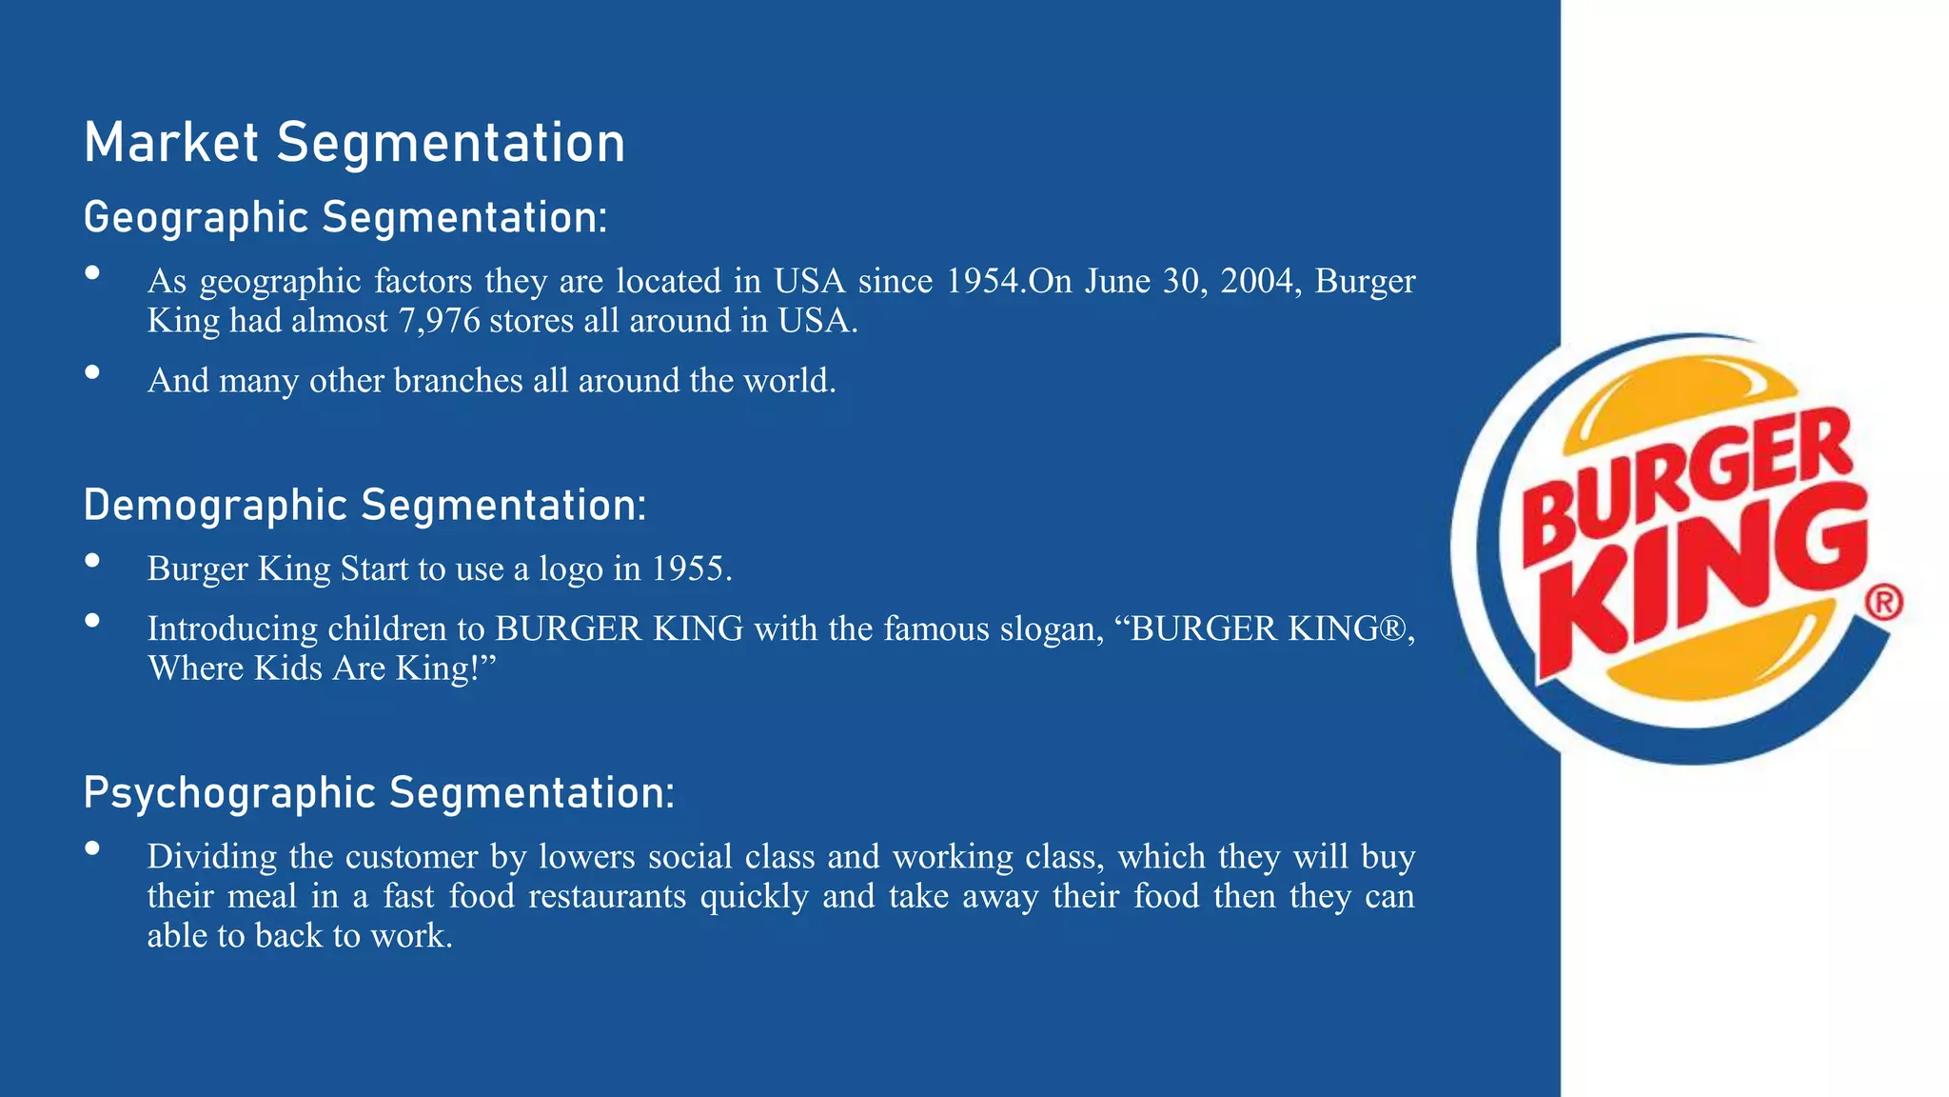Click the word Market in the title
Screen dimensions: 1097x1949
pos(171,144)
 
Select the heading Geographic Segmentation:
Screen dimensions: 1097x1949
pos(345,218)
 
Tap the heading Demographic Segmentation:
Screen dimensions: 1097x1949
pos(364,506)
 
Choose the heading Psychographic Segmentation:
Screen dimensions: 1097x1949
pos(379,793)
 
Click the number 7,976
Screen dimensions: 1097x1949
pos(439,321)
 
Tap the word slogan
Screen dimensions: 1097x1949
pos(1051,629)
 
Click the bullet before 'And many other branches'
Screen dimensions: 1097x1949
pos(92,372)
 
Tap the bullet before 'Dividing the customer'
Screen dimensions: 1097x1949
pos(92,848)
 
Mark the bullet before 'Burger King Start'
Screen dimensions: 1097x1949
pos(92,560)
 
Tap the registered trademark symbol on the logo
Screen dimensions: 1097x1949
pos(1883,602)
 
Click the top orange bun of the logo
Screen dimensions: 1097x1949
pos(1675,400)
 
